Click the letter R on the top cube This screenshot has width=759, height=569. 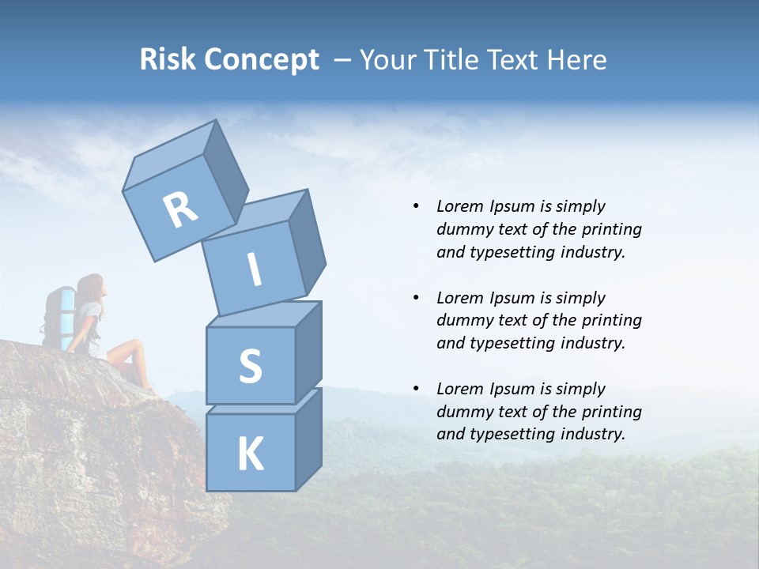(180, 209)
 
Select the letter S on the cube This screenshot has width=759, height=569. (250, 366)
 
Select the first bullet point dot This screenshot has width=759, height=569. (416, 206)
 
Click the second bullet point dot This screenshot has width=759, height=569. (416, 298)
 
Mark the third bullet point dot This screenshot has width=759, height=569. (416, 389)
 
